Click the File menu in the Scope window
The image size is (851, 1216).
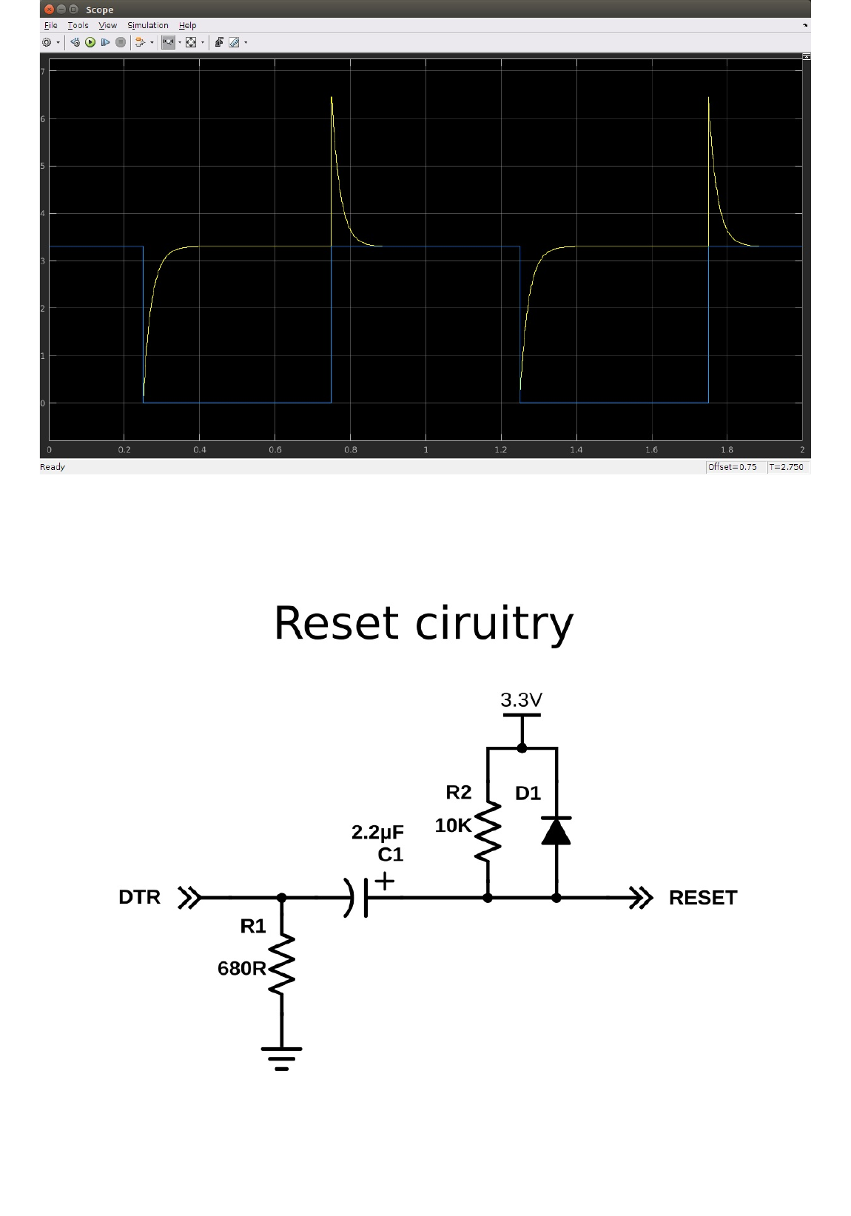tap(50, 25)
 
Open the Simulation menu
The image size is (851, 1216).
tap(147, 25)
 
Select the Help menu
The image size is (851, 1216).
tap(187, 25)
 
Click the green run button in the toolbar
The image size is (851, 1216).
tap(90, 42)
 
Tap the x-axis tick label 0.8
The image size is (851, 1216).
tap(351, 450)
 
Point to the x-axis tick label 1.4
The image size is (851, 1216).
tap(576, 450)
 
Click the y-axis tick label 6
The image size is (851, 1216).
tap(43, 118)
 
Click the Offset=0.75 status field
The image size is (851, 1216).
tap(732, 467)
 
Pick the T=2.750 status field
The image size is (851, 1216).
tap(786, 467)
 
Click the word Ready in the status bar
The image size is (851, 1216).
tap(53, 467)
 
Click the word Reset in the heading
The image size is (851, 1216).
tap(337, 623)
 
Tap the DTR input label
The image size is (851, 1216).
tap(139, 897)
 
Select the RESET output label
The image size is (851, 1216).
tap(703, 898)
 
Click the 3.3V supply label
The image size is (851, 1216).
tap(521, 700)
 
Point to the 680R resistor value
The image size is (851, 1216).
tap(241, 968)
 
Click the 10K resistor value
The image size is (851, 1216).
tap(453, 826)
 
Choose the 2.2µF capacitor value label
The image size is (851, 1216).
tap(377, 833)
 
